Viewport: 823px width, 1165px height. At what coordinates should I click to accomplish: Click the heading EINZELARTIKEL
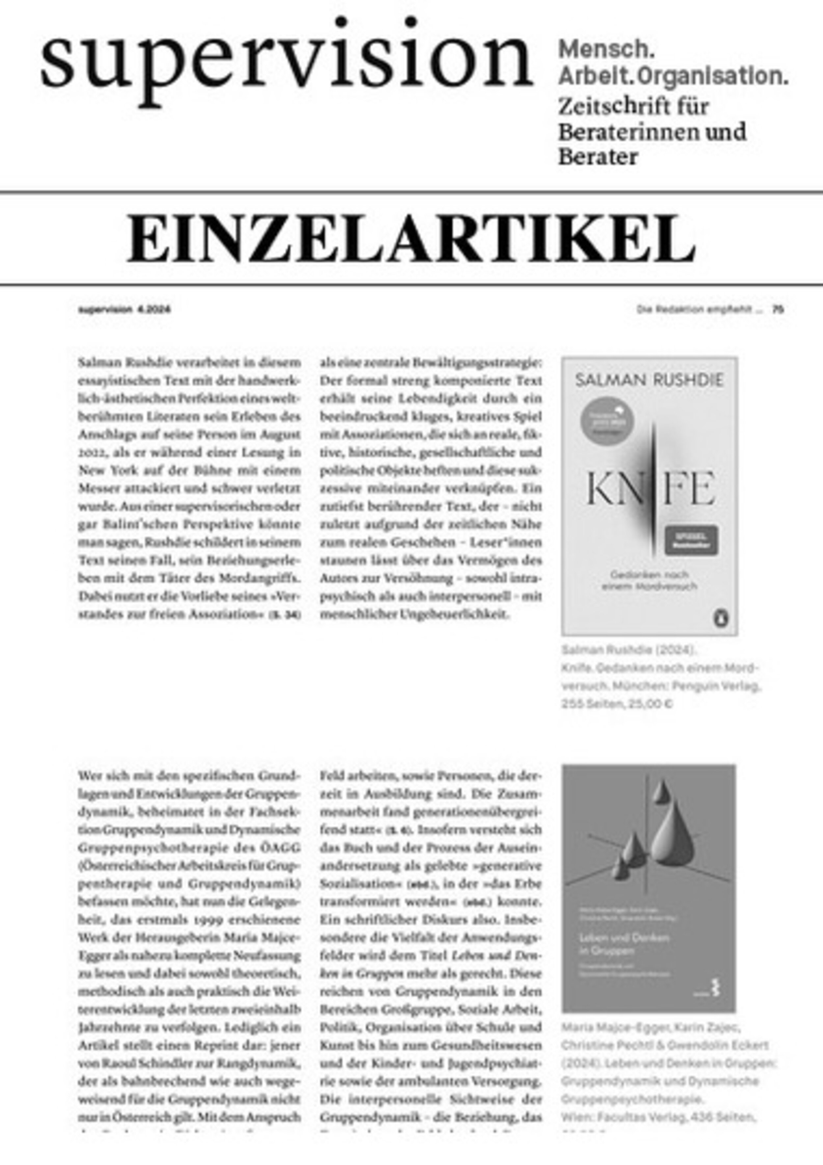point(411,238)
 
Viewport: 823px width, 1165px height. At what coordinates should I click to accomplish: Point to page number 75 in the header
point(778,309)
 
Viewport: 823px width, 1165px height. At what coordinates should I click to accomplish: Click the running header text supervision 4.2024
point(124,309)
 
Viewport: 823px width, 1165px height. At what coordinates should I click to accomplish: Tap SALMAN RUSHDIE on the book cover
point(650,381)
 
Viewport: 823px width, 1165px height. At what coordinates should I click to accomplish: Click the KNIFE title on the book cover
point(650,488)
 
